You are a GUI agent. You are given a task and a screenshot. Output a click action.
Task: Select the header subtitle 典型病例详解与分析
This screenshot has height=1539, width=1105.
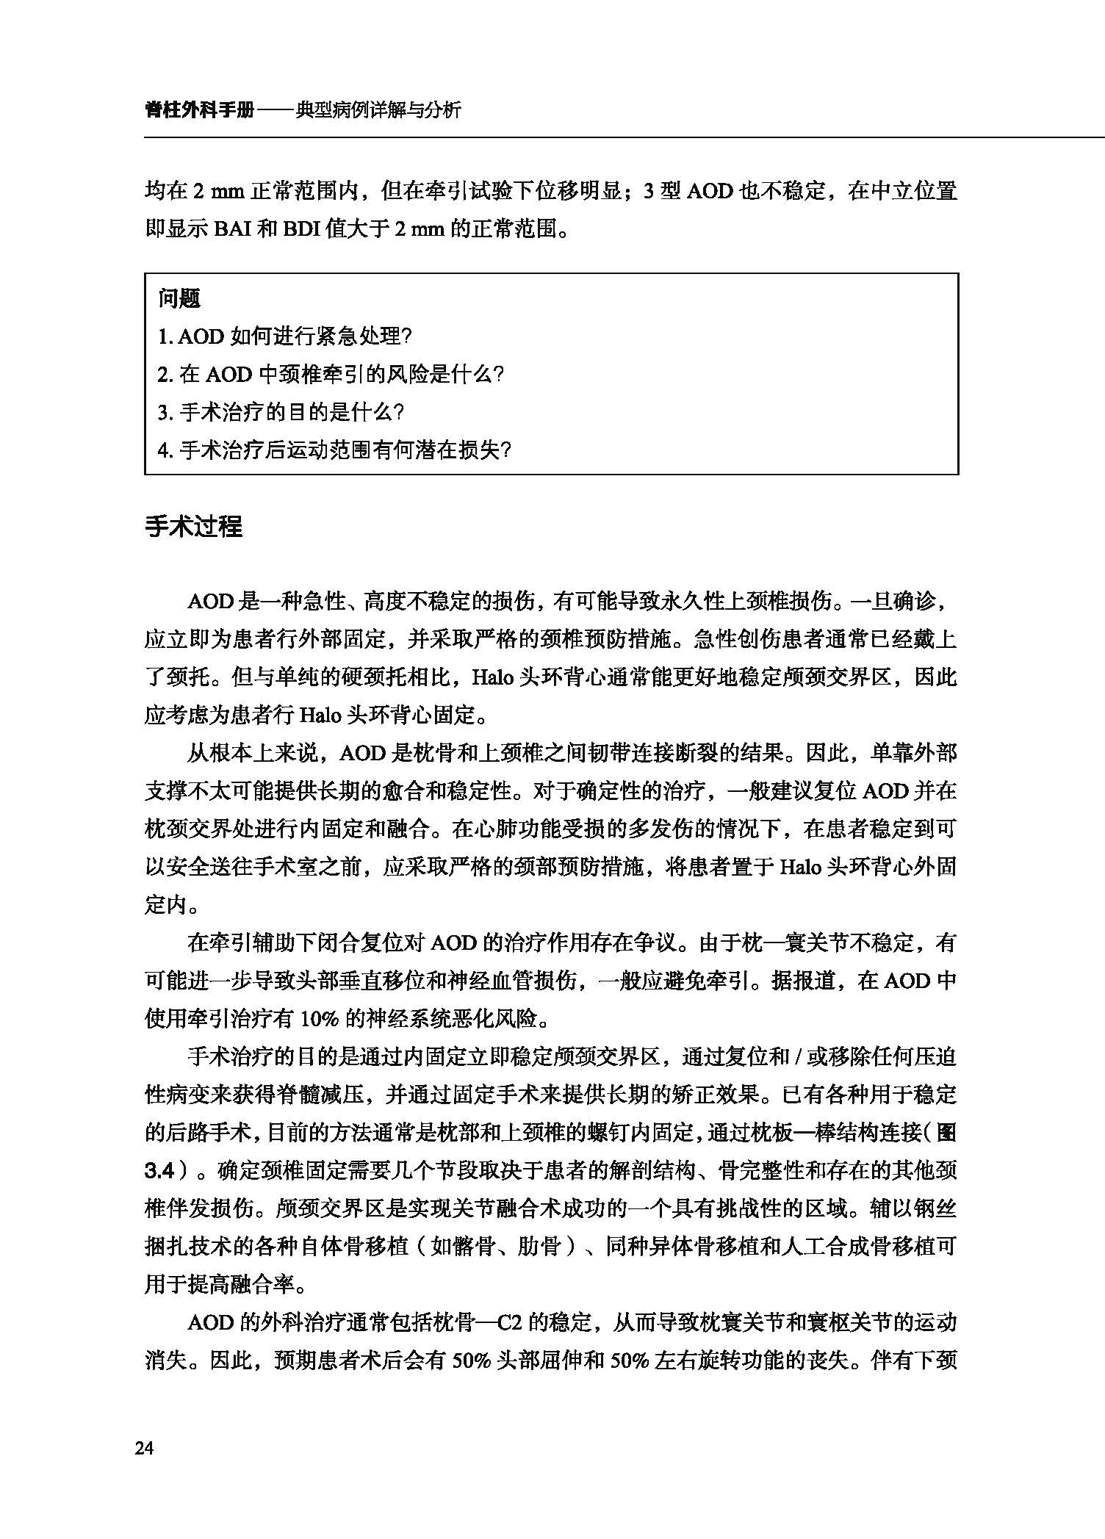click(x=378, y=110)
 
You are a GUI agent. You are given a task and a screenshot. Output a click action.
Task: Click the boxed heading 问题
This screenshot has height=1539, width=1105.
click(x=179, y=298)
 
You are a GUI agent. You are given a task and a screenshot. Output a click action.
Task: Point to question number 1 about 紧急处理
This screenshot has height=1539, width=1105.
click(x=285, y=336)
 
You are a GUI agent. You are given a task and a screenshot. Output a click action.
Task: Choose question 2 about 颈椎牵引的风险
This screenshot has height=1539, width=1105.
click(x=331, y=375)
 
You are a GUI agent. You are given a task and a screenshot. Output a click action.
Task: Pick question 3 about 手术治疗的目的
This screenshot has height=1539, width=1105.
click(x=281, y=412)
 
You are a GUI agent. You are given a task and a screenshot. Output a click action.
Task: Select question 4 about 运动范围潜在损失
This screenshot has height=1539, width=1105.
click(x=334, y=450)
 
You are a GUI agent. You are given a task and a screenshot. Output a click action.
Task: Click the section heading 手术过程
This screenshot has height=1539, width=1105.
click(x=193, y=527)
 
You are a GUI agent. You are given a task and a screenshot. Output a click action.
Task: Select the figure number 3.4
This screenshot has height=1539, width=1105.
click(x=159, y=1171)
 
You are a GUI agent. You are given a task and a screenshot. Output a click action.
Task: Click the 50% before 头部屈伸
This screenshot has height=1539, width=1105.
click(x=471, y=1361)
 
